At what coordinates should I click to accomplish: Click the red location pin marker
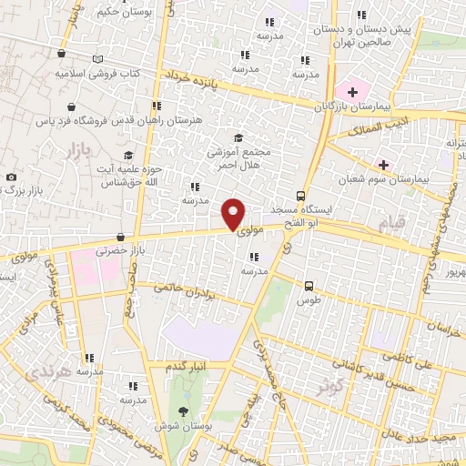(x=233, y=213)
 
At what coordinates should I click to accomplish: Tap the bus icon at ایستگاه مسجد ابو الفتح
(x=300, y=196)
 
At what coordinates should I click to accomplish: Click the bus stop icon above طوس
(x=309, y=285)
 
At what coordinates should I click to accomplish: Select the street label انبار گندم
(x=186, y=366)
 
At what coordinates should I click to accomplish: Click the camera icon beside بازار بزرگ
(x=10, y=177)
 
